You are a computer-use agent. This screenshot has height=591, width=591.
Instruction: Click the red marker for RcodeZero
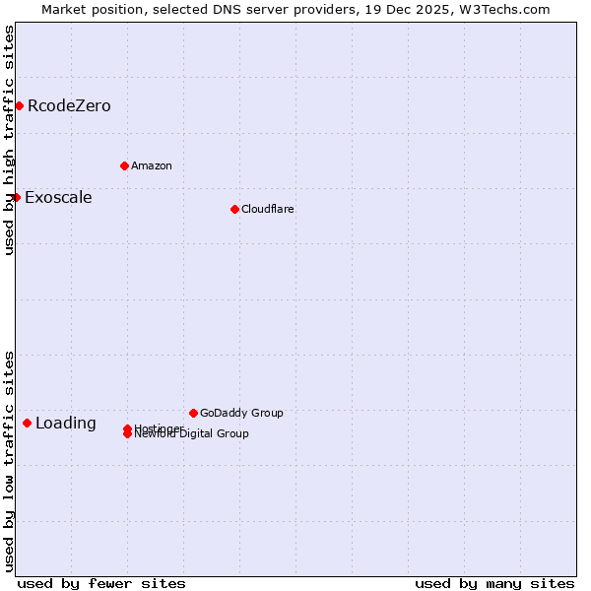point(19,105)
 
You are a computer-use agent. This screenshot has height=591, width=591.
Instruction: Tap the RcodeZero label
point(69,105)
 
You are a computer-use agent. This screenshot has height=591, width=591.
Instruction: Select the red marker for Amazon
point(124,165)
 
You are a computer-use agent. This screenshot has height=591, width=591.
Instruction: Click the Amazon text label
point(151,165)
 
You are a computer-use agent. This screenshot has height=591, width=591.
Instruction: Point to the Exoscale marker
point(17,197)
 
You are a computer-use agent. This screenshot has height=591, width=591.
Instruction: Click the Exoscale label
point(58,197)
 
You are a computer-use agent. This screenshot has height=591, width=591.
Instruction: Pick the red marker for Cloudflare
point(234,209)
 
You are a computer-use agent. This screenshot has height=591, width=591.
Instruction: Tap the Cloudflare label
point(267,209)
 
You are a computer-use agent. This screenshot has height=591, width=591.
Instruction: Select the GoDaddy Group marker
point(193,413)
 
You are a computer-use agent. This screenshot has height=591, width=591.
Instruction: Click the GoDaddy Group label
point(241,413)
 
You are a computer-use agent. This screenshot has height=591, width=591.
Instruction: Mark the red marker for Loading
point(27,423)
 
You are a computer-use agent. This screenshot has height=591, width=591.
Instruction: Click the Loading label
point(66,424)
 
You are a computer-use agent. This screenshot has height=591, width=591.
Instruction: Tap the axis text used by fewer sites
point(101,583)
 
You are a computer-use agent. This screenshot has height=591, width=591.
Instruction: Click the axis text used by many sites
point(494,583)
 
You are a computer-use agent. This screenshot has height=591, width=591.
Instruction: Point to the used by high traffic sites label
point(9,140)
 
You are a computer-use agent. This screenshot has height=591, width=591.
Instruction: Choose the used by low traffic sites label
point(9,461)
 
